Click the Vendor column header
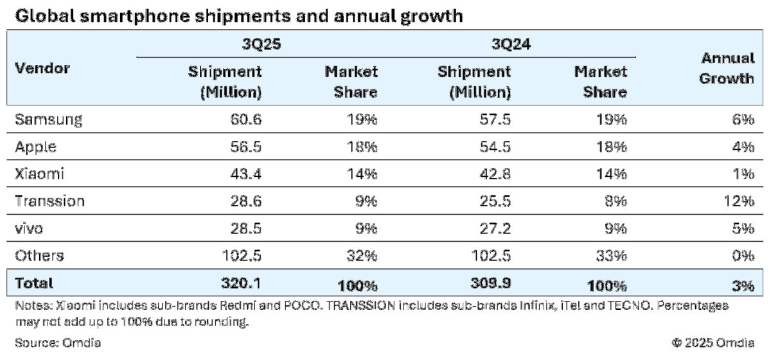pyautogui.click(x=42, y=69)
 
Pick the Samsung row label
pyautogui.click(x=49, y=120)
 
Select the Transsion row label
pyautogui.click(x=50, y=201)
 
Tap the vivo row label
pyautogui.click(x=31, y=228)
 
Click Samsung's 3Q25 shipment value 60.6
pyautogui.click(x=245, y=120)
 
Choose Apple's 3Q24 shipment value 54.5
pyautogui.click(x=494, y=147)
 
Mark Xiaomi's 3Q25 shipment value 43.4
pyautogui.click(x=245, y=174)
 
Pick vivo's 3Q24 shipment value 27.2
pyautogui.click(x=494, y=228)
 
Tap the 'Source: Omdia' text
pyautogui.click(x=58, y=343)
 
